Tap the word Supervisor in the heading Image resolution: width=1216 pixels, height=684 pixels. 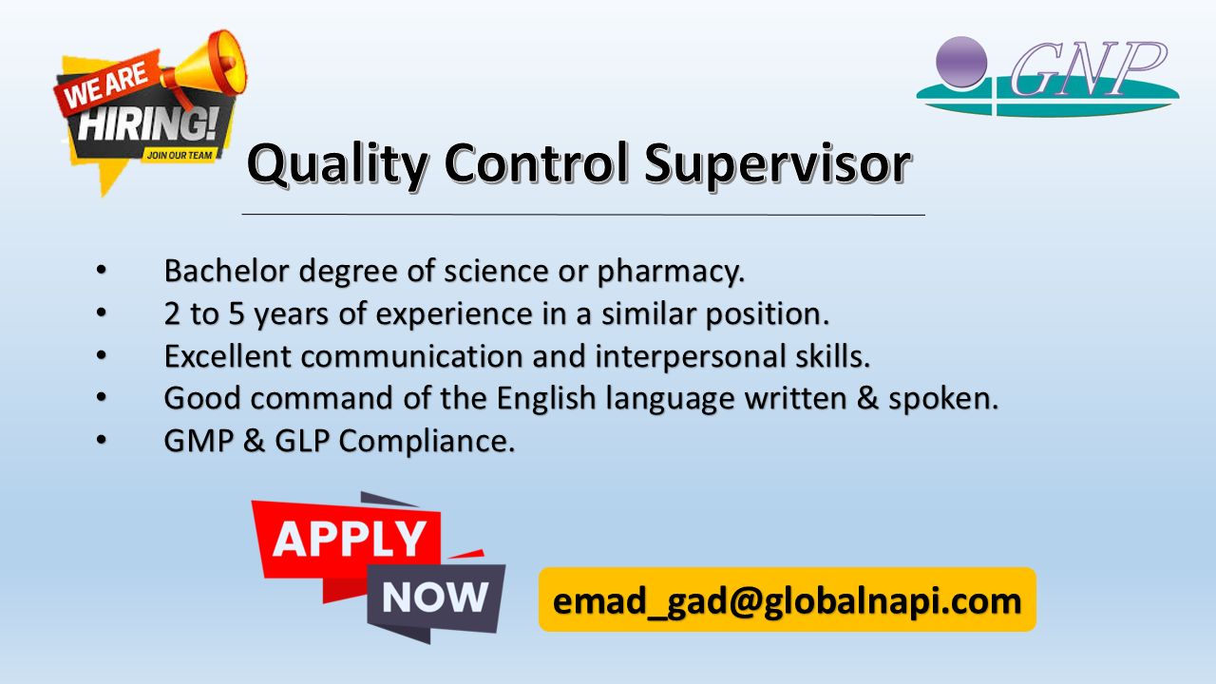coord(777,164)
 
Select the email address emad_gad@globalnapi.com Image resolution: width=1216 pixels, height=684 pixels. coord(788,601)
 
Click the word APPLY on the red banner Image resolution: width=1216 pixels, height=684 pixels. coord(349,539)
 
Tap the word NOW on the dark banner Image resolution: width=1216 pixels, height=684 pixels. coord(435,598)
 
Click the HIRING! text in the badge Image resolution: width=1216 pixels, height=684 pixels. coord(147,124)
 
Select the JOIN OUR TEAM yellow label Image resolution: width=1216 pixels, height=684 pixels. coord(180,155)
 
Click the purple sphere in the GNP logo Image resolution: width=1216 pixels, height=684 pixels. coord(961,62)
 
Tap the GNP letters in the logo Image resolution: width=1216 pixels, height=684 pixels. coord(1088,69)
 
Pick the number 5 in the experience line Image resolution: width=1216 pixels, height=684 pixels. coord(237,313)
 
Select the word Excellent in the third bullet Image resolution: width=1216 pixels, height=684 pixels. coord(228,356)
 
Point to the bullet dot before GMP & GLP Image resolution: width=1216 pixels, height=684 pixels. coord(102,440)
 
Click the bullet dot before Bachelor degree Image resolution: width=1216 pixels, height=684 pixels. coord(102,270)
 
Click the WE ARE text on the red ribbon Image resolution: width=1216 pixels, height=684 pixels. coord(105,85)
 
